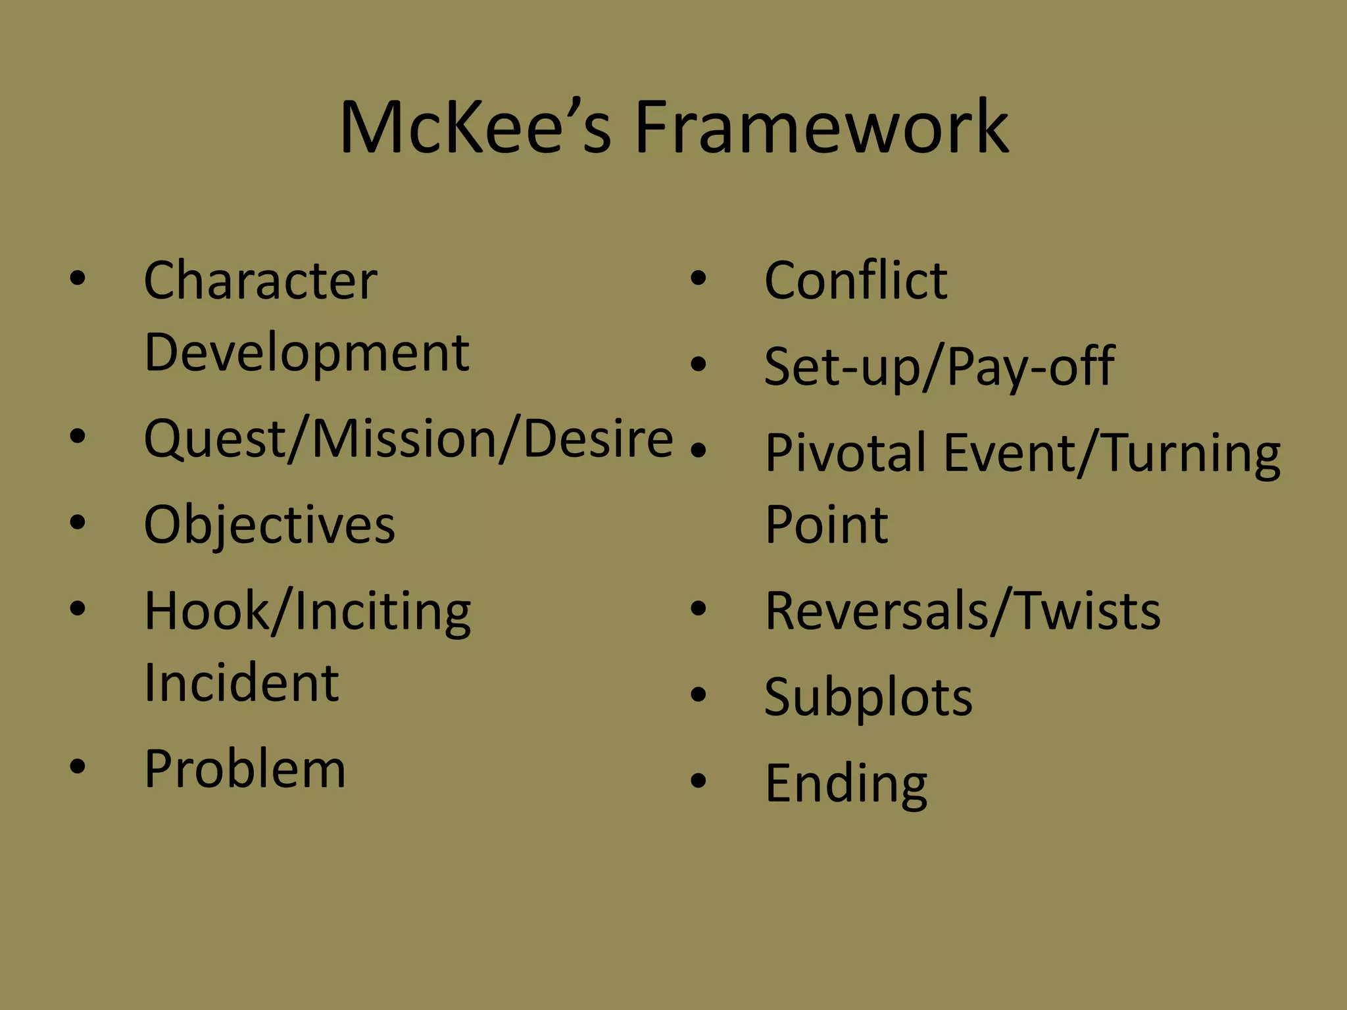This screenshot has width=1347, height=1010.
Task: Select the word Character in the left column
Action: tap(260, 281)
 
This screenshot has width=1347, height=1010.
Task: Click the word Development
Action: tap(306, 353)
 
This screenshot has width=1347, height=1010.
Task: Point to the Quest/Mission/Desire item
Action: tap(408, 439)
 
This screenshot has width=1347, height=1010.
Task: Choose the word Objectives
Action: tap(270, 525)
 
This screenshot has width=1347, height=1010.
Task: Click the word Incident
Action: tap(241, 683)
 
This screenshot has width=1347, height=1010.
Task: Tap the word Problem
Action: tap(245, 769)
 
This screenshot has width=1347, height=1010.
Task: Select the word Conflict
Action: tap(856, 281)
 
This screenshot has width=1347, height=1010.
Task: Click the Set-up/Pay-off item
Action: tap(939, 366)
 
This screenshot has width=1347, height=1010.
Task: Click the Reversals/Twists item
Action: tap(963, 611)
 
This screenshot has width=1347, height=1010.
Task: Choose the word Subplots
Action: tap(868, 696)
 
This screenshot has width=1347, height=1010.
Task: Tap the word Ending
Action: tap(846, 783)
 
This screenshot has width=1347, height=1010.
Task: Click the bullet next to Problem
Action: tap(78, 766)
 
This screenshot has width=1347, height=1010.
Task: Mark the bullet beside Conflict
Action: tap(698, 278)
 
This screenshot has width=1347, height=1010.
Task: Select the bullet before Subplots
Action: tap(698, 694)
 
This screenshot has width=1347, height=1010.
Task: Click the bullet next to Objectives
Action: tap(78, 522)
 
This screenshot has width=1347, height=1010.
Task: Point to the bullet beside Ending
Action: tap(698, 780)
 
